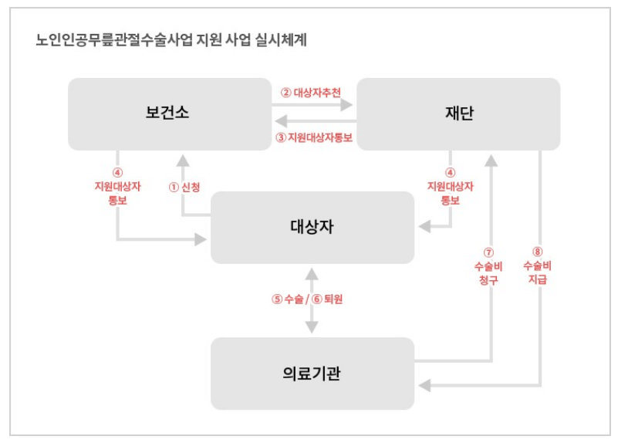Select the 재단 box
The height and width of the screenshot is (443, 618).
tap(459, 113)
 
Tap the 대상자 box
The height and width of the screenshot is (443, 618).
tap(312, 228)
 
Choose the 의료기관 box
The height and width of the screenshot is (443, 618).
tap(312, 374)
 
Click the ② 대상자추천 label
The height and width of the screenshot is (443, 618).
tap(311, 92)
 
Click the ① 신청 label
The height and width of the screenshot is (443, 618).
tap(184, 187)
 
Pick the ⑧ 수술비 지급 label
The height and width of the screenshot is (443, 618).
tap(538, 266)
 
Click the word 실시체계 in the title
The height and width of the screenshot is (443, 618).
tap(282, 39)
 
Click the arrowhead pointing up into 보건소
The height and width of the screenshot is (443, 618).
tap(182, 160)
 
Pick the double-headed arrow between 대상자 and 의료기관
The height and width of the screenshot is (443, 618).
tap(312, 301)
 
